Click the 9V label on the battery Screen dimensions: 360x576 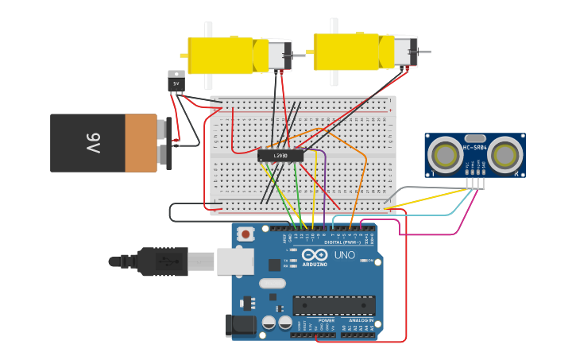93,144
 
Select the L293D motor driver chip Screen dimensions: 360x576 280,156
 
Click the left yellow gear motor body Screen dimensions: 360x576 220,56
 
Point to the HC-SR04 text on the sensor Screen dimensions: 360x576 474,148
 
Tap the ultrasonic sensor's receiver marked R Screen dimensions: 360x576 505,154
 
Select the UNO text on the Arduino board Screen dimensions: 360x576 344,256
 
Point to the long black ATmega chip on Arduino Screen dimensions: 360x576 334,305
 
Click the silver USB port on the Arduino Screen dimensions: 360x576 235,261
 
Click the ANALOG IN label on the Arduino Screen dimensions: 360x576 361,320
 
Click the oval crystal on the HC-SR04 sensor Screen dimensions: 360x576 474,138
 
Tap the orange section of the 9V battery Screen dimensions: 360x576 141,143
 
